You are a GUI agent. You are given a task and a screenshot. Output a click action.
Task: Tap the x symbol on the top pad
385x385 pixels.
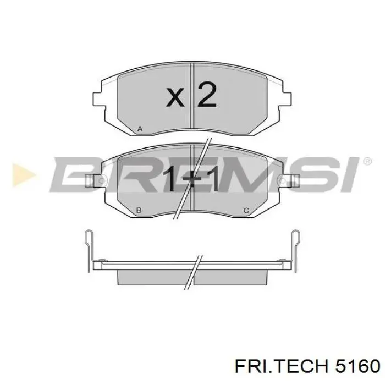click(x=175, y=97)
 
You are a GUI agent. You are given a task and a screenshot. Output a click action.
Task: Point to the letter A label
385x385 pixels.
click(x=140, y=129)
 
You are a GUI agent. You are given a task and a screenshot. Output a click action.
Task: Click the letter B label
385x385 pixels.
click(x=139, y=210)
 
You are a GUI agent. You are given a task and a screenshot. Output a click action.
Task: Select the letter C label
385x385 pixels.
click(x=246, y=210)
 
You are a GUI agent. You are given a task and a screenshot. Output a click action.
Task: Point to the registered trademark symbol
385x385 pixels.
click(x=367, y=161)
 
